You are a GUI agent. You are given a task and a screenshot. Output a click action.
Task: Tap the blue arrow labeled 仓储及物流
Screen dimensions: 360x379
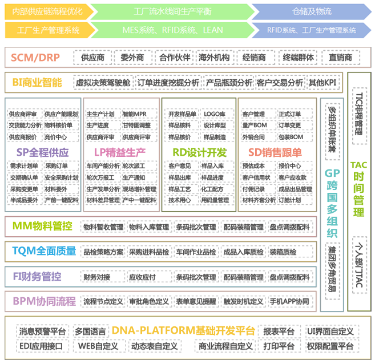tap(311, 11)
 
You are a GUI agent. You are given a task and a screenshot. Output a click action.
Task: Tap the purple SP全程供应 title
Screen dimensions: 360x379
tap(42, 152)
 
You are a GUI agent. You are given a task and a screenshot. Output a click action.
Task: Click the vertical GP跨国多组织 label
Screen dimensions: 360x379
tap(332, 202)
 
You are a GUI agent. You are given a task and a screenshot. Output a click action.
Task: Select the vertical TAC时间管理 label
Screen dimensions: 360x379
tap(358, 188)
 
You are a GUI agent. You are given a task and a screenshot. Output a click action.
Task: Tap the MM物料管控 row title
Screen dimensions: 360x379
tap(42, 226)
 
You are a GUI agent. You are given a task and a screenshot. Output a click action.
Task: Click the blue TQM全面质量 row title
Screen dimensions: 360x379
tap(45, 250)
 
